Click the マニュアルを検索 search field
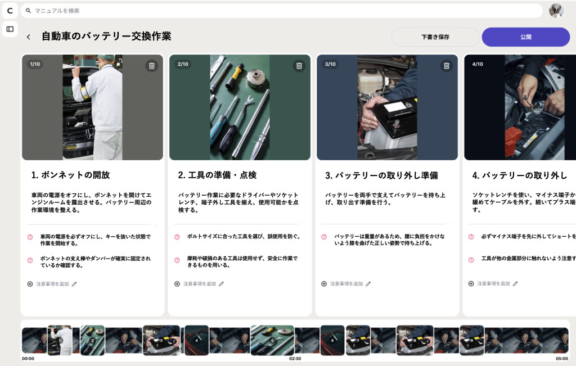(281, 11)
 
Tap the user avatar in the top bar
(556, 11)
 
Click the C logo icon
(10, 11)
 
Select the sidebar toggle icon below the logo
(10, 29)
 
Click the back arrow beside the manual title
(28, 37)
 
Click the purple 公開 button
(525, 37)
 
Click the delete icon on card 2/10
(299, 66)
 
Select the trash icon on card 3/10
(447, 66)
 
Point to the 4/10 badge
(478, 64)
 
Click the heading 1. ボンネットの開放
(70, 175)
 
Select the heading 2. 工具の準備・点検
(217, 175)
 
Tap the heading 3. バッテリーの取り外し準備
(381, 175)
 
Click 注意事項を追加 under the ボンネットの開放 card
(52, 284)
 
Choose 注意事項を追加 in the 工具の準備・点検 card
(199, 284)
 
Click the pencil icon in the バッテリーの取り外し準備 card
(368, 284)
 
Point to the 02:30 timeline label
(295, 358)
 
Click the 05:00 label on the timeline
(562, 358)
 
